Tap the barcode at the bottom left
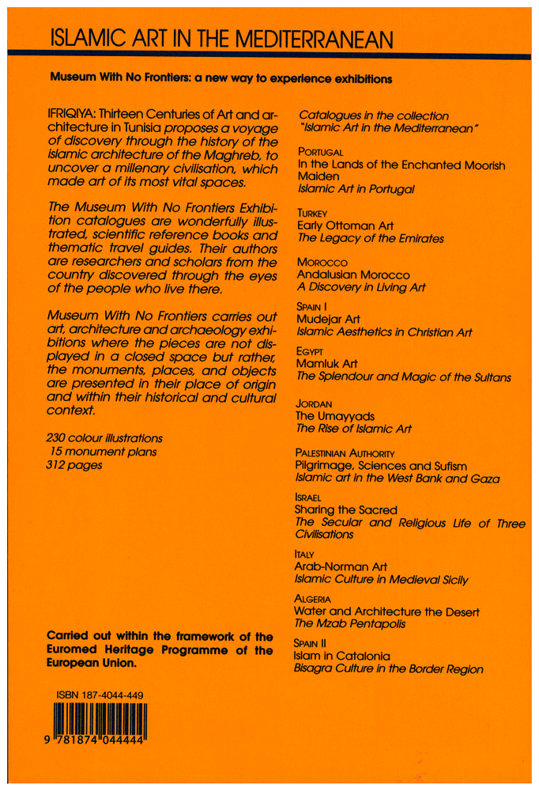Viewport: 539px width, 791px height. click(101, 722)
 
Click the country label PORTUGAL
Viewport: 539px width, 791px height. click(320, 151)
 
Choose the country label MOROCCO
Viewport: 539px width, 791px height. click(321, 261)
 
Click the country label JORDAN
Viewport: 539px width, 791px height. click(315, 403)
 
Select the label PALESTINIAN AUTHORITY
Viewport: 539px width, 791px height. click(344, 452)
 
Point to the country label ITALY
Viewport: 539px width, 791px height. click(305, 554)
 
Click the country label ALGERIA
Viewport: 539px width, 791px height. click(317, 600)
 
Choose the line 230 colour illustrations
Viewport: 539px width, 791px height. click(104, 437)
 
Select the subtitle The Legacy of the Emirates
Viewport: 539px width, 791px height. click(370, 238)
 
